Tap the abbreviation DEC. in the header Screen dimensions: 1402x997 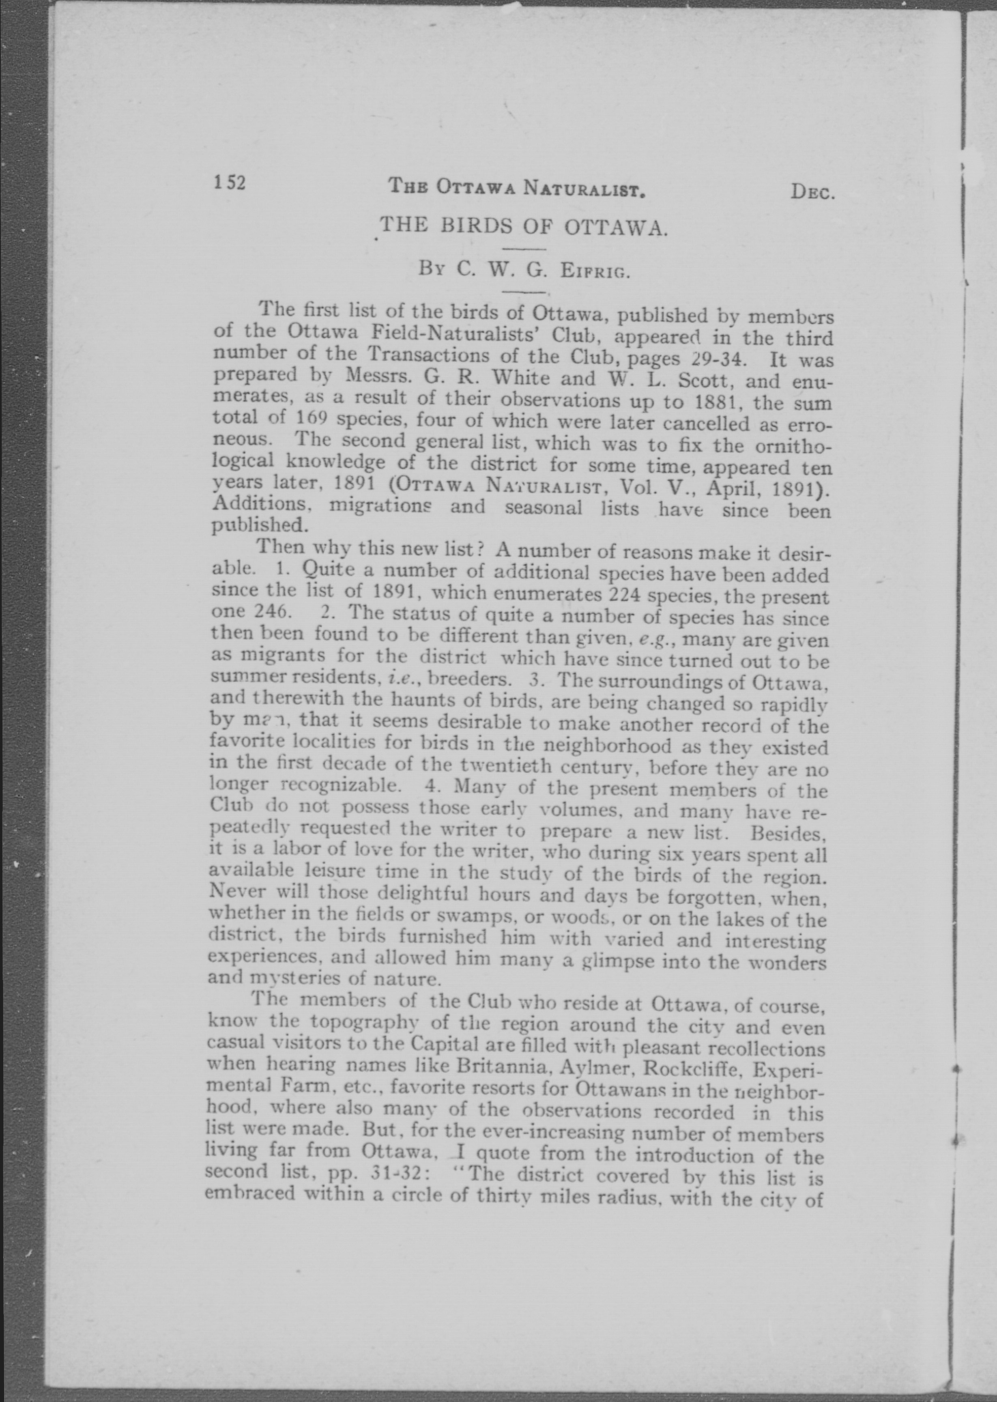coord(812,192)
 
